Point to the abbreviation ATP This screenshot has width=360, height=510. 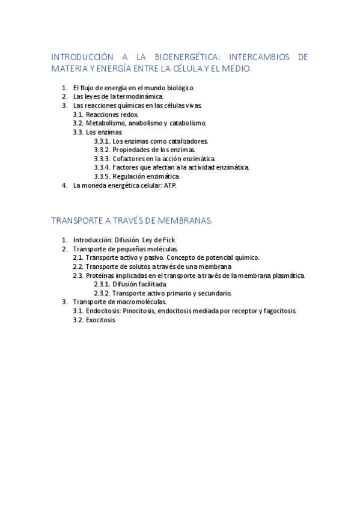170,185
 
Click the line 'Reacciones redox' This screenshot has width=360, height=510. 112,114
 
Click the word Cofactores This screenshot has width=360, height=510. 129,159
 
